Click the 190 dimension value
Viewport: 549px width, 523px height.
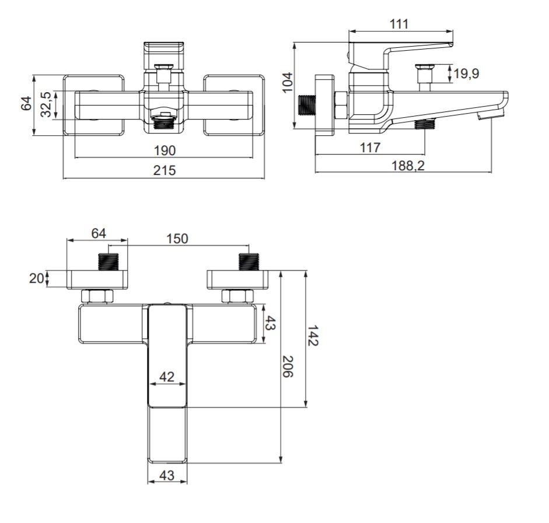coord(164,150)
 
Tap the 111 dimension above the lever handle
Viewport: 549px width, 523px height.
coord(398,24)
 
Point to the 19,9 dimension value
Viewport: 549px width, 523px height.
coord(466,73)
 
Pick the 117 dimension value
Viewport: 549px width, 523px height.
coord(370,148)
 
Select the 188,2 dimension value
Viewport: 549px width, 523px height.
coord(408,166)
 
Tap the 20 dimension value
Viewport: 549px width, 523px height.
coord(36,278)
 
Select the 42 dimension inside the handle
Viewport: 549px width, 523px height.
coord(167,377)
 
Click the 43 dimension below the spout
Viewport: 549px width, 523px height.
coord(167,475)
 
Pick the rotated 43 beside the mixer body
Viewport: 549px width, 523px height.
coord(270,323)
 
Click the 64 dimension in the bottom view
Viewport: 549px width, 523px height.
coord(98,233)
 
